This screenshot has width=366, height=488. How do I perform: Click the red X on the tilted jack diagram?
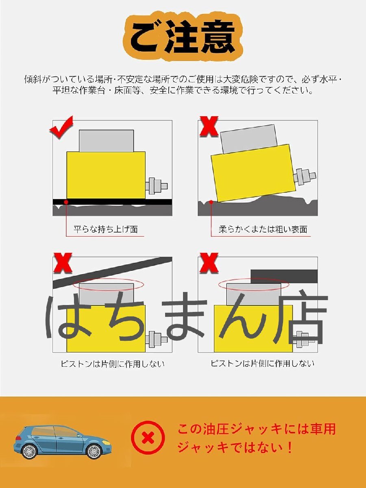tap(208, 126)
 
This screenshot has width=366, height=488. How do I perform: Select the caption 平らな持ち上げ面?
tap(105, 229)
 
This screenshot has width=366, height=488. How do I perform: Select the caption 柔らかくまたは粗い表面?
tap(263, 229)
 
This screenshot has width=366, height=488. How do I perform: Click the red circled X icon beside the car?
tap(148, 438)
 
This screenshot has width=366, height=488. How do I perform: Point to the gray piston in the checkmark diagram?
tap(106, 141)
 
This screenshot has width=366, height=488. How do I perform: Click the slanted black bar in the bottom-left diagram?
tap(114, 270)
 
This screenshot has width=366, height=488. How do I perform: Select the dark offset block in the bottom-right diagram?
tap(284, 276)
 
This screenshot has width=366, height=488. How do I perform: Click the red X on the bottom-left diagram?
tap(63, 263)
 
